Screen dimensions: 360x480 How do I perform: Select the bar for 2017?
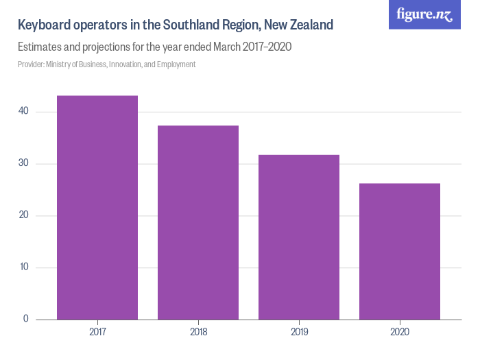coord(97,207)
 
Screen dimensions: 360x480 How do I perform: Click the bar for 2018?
coord(198,222)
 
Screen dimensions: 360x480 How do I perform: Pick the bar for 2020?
coord(400,251)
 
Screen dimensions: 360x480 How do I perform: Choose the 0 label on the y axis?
coord(25,319)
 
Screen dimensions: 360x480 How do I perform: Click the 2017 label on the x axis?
coord(97,332)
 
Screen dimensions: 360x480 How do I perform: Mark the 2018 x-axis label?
coord(198,332)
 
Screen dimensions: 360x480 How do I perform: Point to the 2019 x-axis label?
coord(299,332)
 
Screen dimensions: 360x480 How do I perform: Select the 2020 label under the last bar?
coord(400,332)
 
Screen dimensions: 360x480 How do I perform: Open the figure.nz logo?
coord(424,14)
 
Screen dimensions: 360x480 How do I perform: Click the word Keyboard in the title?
coord(45,25)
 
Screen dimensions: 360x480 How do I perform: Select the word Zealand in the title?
coord(311,25)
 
